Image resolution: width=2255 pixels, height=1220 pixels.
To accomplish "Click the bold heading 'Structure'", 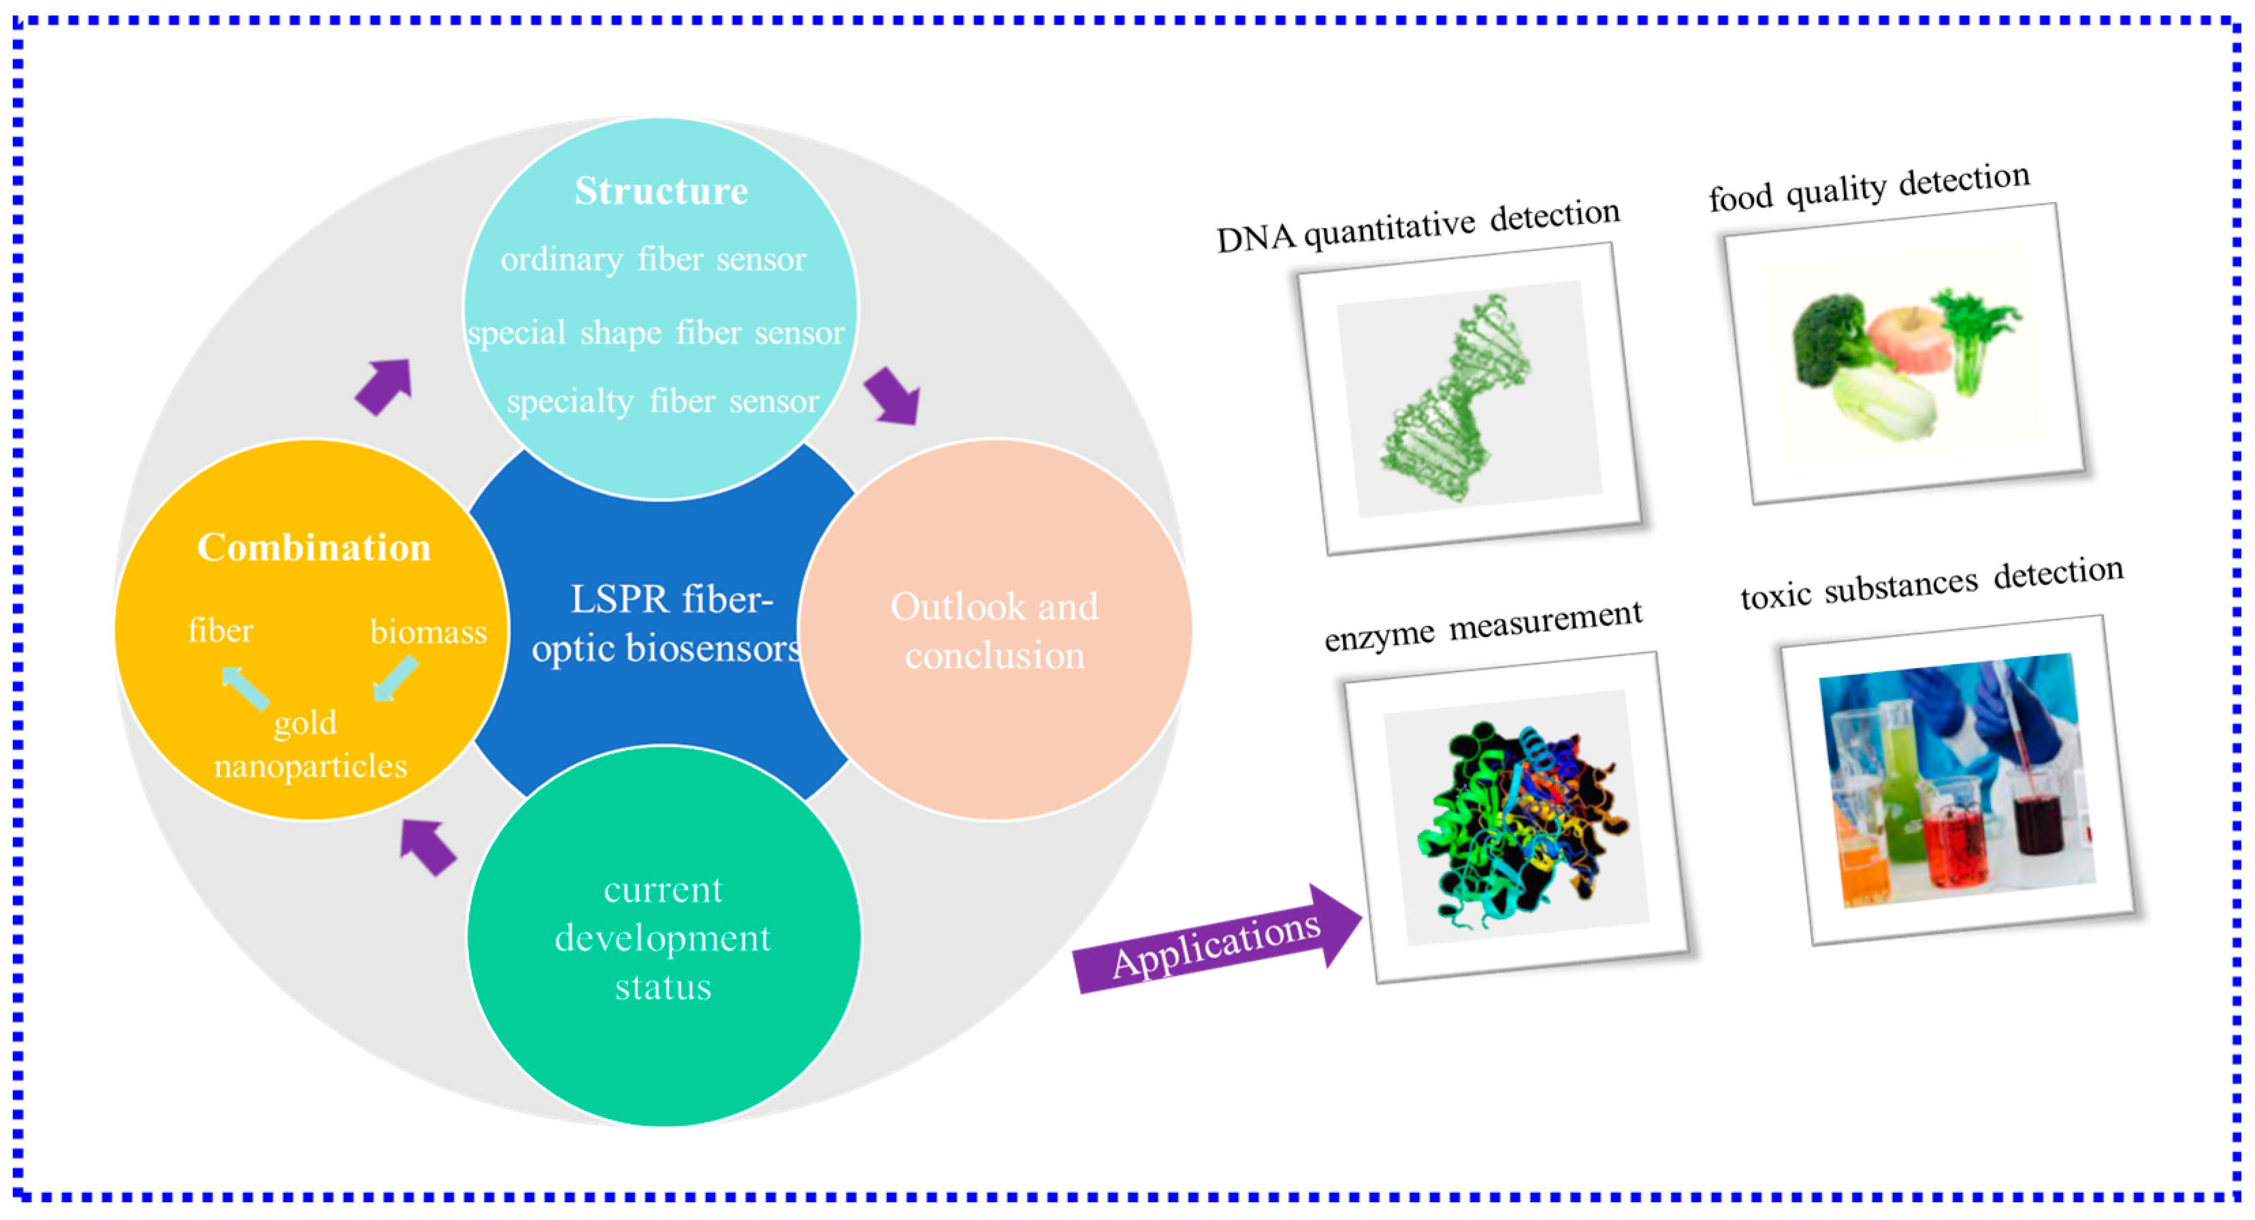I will point(661,191).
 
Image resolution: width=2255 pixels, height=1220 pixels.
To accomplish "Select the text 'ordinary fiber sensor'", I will point(653,259).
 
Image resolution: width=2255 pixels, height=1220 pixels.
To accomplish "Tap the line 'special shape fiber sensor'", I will point(655,333).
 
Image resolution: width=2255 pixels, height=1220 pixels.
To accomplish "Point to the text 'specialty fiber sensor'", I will point(663,401).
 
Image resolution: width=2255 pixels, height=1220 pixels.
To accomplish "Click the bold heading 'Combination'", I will point(313,547).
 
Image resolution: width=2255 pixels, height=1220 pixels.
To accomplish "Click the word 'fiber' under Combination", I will point(221,630).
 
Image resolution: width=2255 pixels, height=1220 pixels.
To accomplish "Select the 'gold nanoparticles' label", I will point(310,744).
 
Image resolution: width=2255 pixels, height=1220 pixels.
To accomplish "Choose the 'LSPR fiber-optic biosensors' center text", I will point(667,623).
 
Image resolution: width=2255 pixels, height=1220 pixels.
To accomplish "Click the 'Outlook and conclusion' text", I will point(994,630).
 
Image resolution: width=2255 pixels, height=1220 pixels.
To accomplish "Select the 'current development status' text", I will point(663,938).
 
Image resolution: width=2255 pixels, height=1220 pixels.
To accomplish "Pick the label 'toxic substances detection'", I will point(1931,584).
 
